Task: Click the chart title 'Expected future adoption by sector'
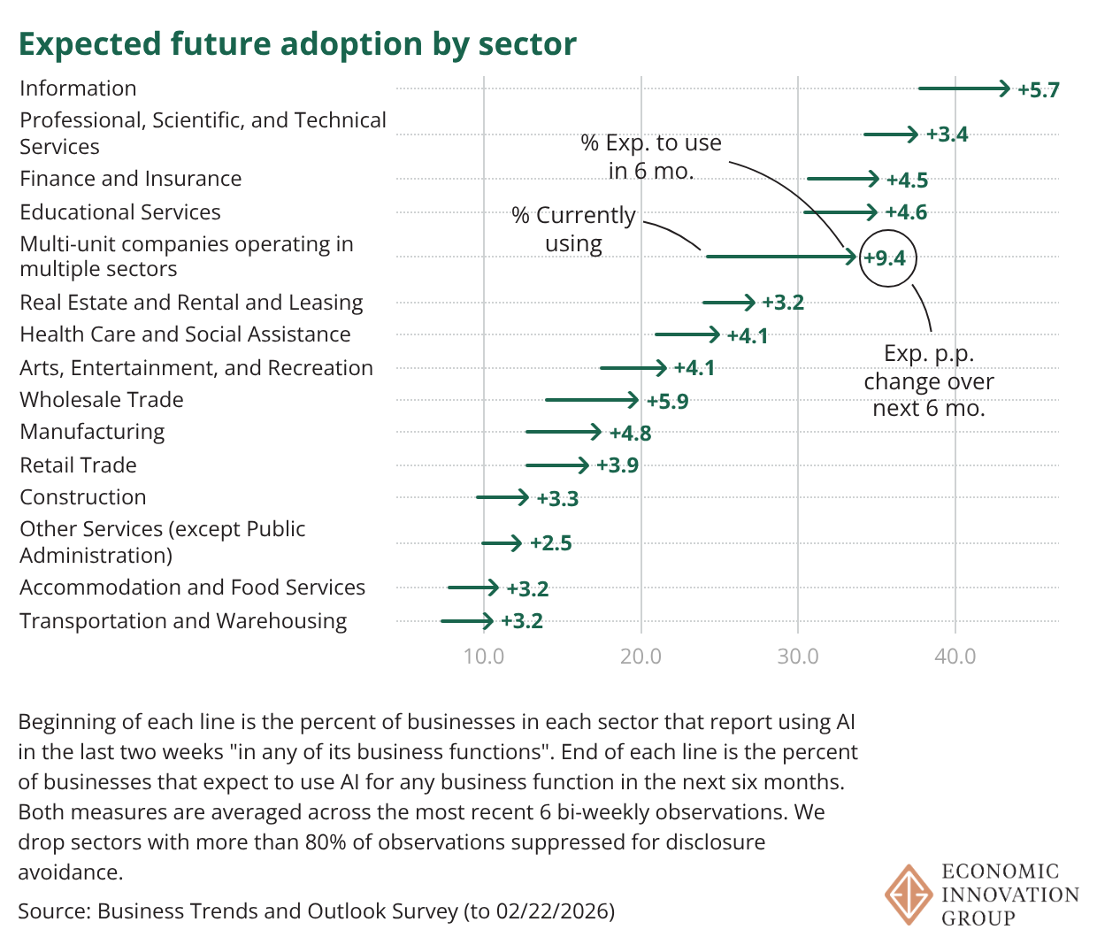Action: (x=297, y=43)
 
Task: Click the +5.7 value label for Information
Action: (x=1038, y=90)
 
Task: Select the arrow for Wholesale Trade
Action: (x=591, y=400)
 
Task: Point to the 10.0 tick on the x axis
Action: (x=484, y=657)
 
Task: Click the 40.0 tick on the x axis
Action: (x=955, y=657)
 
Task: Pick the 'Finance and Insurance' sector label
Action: (x=131, y=179)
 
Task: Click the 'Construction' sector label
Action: (x=83, y=497)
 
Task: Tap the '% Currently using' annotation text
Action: (x=573, y=229)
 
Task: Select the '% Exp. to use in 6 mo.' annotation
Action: (x=651, y=157)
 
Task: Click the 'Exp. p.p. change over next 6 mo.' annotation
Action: (x=929, y=380)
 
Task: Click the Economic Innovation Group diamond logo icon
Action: (x=909, y=895)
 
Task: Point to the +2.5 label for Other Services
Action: (x=550, y=543)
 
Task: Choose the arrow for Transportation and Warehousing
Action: (x=467, y=621)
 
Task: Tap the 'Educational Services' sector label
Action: (x=120, y=212)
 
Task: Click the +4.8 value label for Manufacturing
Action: (x=630, y=434)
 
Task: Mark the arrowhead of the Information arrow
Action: (x=1004, y=88)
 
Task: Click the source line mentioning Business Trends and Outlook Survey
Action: (x=316, y=910)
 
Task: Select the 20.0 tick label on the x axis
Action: (x=641, y=657)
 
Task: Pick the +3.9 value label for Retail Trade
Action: (x=617, y=465)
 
